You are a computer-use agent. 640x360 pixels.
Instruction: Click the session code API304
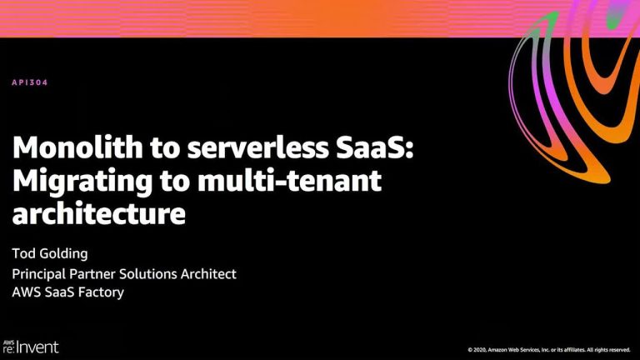click(x=30, y=82)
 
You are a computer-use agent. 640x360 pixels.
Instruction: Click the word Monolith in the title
click(x=78, y=147)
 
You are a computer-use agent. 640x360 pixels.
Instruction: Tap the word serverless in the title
click(x=258, y=147)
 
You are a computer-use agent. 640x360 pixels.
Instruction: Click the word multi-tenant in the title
click(x=289, y=181)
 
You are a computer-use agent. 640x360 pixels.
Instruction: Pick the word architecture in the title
click(x=99, y=213)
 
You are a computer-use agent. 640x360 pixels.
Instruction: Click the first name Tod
click(x=23, y=253)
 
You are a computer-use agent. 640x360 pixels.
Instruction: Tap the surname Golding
click(x=63, y=254)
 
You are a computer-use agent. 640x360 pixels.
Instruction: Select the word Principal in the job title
click(x=39, y=274)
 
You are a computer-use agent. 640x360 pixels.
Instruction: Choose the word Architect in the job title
click(x=208, y=274)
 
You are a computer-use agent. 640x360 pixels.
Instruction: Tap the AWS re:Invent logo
click(x=31, y=347)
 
